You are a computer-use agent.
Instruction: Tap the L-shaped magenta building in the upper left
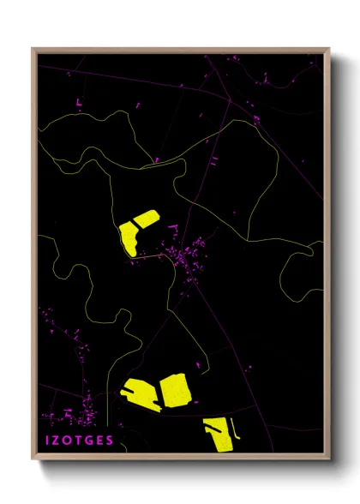tap(79, 104)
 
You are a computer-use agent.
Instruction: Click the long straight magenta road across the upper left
tap(129, 82)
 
